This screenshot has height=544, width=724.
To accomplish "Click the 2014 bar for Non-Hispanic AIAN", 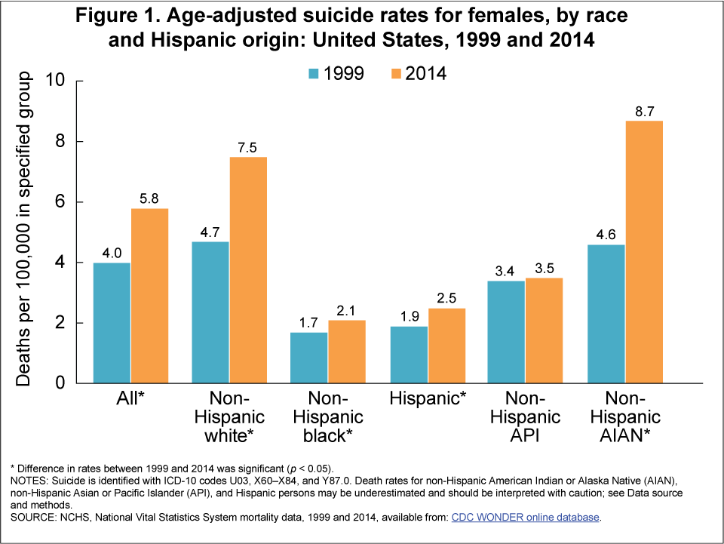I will (x=643, y=252).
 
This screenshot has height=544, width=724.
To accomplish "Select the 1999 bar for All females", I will (x=112, y=323).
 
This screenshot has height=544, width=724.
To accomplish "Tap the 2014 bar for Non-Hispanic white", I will (x=247, y=270).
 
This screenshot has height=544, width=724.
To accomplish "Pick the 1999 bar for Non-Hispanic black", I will (x=309, y=358).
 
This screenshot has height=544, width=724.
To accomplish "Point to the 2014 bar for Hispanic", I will (x=446, y=346).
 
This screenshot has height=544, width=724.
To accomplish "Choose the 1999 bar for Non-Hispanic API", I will (x=507, y=332).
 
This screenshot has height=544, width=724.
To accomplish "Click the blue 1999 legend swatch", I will (x=313, y=73).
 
